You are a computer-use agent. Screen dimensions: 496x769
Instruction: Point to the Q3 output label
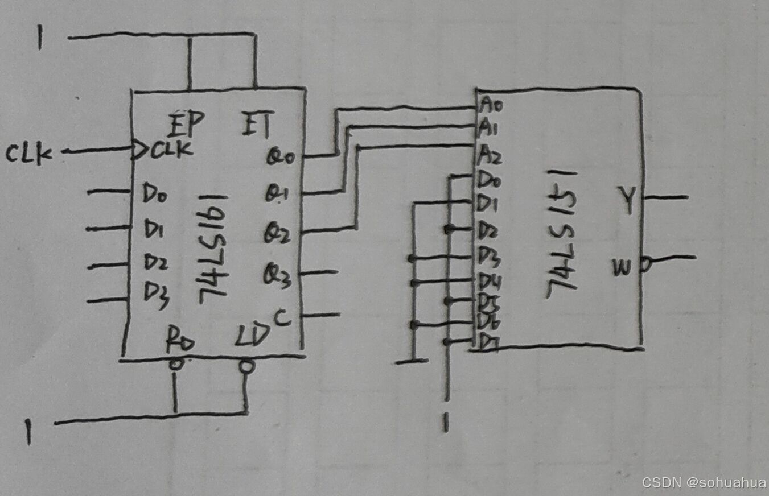click(x=277, y=277)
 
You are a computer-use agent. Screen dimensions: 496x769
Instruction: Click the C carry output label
click(x=282, y=319)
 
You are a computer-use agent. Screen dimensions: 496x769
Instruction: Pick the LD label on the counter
click(x=251, y=339)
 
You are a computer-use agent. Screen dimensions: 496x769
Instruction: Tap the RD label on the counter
click(x=180, y=341)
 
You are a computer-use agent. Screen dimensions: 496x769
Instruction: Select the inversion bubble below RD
click(x=176, y=365)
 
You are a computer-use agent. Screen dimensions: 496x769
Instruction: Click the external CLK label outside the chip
click(x=29, y=154)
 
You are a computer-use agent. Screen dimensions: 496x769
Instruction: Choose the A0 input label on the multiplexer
click(x=491, y=105)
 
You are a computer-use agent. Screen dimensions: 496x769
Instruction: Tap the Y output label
click(x=627, y=201)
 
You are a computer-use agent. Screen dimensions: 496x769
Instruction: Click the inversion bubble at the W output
click(x=646, y=263)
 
